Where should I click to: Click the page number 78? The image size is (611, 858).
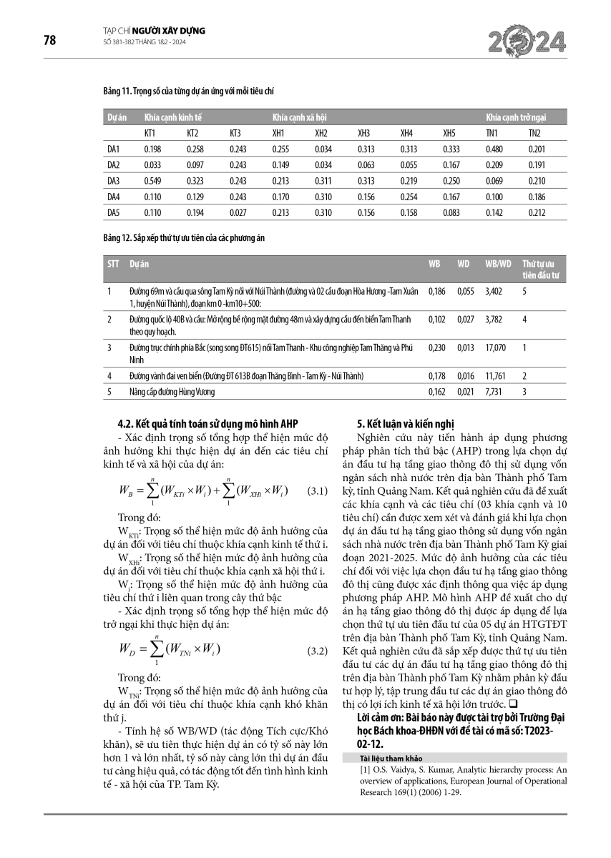point(49,40)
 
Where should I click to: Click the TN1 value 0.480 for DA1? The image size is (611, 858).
point(493,149)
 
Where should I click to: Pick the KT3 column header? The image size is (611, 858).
point(236,132)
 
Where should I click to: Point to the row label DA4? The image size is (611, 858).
point(113,197)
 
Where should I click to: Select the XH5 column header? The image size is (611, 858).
point(449,132)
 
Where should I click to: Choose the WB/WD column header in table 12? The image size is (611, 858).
point(498,264)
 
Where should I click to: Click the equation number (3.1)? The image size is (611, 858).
point(316,492)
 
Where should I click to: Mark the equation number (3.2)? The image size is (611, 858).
point(316,651)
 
